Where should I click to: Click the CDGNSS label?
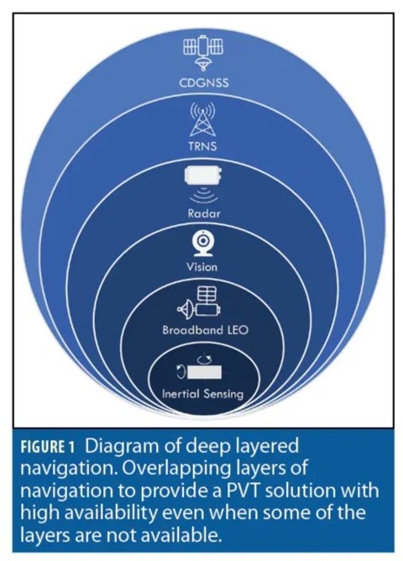[x=203, y=82]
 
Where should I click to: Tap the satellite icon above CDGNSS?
[x=203, y=52]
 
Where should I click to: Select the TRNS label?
[x=202, y=146]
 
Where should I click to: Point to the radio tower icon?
[x=202, y=119]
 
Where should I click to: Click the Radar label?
[x=204, y=213]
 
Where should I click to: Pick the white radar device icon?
[x=204, y=176]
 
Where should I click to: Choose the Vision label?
[x=201, y=267]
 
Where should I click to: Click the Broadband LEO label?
[x=205, y=329]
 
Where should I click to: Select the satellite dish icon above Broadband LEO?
[x=199, y=302]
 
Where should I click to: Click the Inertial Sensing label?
[x=202, y=394]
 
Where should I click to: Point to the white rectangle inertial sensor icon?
[x=204, y=372]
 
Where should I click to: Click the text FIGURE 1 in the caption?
[x=48, y=448]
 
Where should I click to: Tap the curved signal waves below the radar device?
[x=204, y=196]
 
